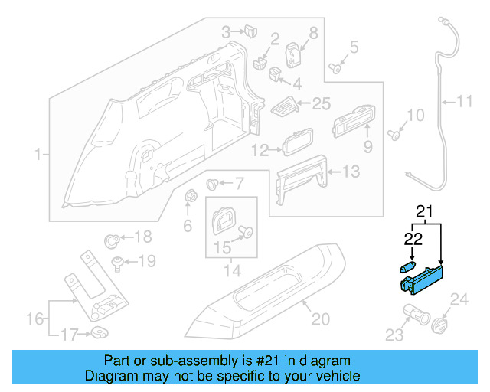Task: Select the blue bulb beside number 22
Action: (x=408, y=266)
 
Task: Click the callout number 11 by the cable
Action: (x=465, y=100)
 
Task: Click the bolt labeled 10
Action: (x=394, y=136)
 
